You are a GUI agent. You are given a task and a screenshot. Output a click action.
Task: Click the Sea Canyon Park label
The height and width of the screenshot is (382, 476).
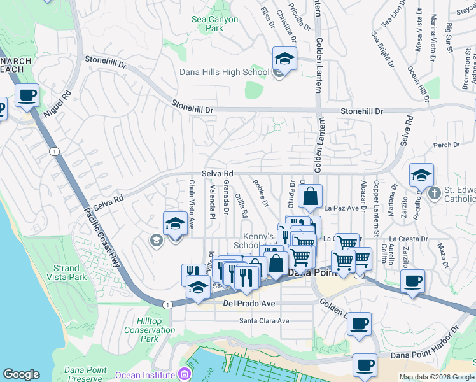215,24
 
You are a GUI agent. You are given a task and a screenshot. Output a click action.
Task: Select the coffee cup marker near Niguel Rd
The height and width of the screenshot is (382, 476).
27,96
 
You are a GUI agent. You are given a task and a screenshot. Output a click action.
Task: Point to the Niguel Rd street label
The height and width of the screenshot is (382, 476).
58,106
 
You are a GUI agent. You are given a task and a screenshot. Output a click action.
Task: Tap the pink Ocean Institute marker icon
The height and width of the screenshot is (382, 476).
185,372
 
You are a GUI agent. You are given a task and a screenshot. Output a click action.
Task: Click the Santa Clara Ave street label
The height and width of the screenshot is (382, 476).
264,320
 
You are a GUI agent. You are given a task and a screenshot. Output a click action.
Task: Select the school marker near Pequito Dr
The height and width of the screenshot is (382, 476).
421,175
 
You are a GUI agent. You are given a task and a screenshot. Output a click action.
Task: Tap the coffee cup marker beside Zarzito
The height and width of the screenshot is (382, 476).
413,280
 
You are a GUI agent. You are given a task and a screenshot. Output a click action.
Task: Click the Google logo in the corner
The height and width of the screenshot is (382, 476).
21,374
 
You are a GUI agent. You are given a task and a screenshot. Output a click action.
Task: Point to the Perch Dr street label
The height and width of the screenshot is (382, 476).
447,145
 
